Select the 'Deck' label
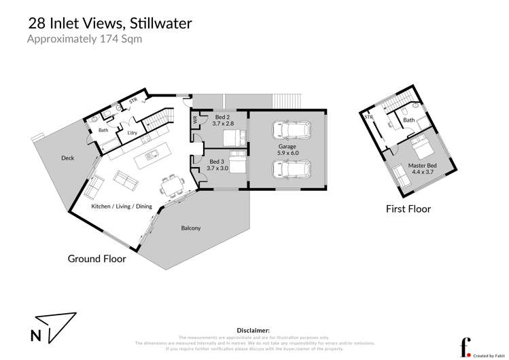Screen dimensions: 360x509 [x=67, y=158]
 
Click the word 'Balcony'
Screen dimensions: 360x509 [x=191, y=228]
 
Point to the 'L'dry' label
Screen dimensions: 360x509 [x=133, y=133]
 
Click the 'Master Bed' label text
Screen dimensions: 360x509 [x=422, y=165]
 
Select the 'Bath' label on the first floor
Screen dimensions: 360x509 [x=409, y=120]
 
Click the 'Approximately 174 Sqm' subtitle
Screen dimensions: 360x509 [x=84, y=39]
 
